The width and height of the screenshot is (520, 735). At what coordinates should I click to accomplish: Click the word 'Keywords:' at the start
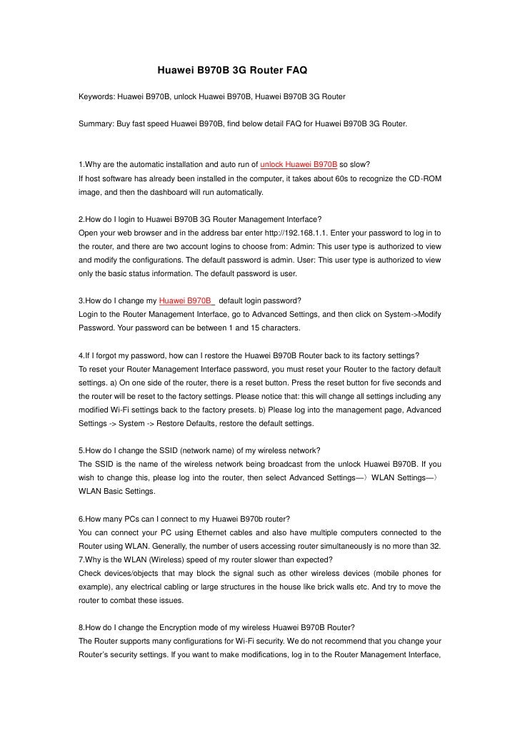pyautogui.click(x=96, y=96)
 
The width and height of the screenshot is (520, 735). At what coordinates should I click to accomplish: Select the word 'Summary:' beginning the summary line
pyautogui.click(x=96, y=123)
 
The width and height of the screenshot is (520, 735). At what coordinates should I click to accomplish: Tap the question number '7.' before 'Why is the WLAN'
pyautogui.click(x=82, y=559)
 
